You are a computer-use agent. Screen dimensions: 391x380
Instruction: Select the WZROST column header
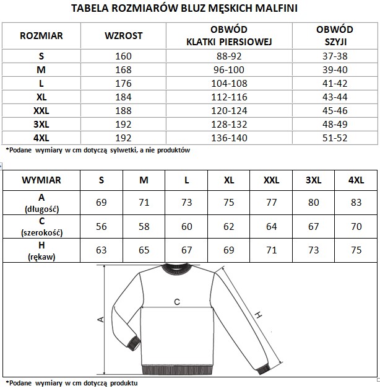[x=123, y=35]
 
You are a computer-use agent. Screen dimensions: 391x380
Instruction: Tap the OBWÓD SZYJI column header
[x=335, y=35]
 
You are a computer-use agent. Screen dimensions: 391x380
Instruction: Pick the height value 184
[x=123, y=97]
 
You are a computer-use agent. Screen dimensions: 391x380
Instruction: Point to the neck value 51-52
[x=335, y=138]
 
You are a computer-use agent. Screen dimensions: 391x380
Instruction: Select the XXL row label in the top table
[x=41, y=110]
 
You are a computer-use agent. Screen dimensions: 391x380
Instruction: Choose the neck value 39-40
[x=335, y=69]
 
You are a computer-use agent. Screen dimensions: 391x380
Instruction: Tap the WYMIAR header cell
[x=41, y=180]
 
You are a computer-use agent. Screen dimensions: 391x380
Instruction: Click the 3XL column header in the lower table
[x=314, y=180]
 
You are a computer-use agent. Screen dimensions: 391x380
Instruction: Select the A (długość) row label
[x=41, y=202]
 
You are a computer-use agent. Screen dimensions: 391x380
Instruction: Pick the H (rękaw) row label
[x=41, y=251]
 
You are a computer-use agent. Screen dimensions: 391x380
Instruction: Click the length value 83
[x=356, y=202]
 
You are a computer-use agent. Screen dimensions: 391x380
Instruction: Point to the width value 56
[x=101, y=226]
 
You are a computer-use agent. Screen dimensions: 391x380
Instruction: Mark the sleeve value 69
[x=229, y=250]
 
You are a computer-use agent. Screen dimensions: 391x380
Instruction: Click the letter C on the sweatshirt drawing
[x=176, y=302]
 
